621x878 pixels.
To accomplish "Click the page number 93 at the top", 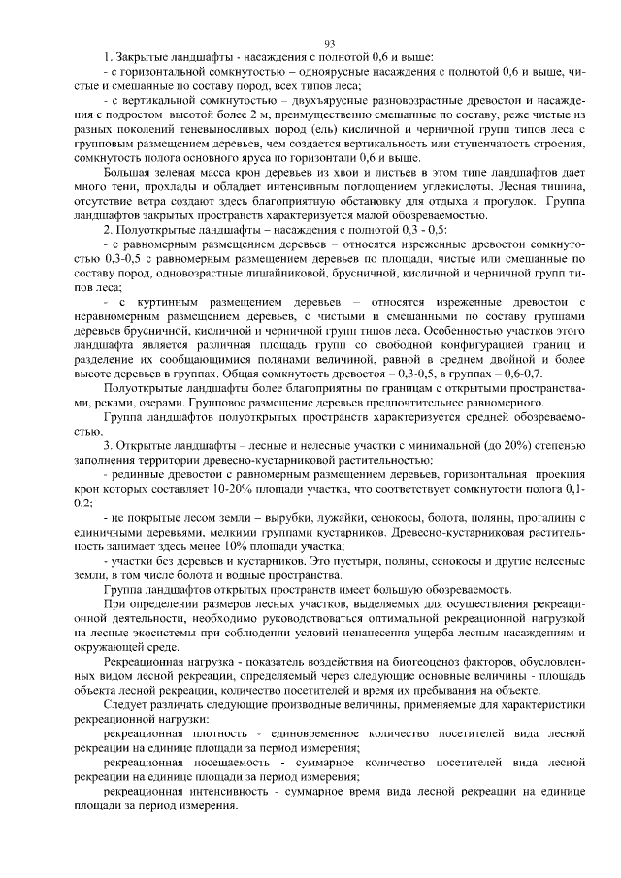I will click(x=329, y=42).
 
